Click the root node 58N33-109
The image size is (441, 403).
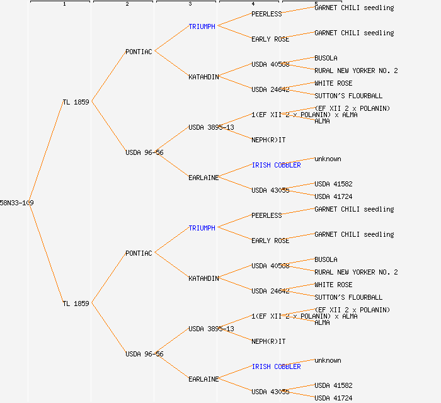click(x=16, y=203)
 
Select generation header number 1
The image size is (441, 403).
click(x=64, y=4)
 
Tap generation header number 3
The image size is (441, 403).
click(x=190, y=4)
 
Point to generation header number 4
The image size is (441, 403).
click(x=253, y=4)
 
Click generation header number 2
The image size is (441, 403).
click(x=127, y=4)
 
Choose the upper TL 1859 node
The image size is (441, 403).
click(x=76, y=102)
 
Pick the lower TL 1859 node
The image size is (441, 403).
click(x=76, y=304)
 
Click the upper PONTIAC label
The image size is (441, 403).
click(x=139, y=52)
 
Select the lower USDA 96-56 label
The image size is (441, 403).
click(x=144, y=354)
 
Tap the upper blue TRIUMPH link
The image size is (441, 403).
click(x=202, y=26)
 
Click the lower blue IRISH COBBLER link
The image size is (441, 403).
click(x=276, y=366)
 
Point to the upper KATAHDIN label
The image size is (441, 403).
click(x=203, y=77)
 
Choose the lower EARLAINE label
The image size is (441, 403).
click(x=203, y=379)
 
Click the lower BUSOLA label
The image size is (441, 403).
click(x=326, y=259)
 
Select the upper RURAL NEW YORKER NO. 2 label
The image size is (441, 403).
click(x=356, y=71)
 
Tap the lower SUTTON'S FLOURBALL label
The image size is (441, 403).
click(x=348, y=297)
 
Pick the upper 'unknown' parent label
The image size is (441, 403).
click(x=328, y=159)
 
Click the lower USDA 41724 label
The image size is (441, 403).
click(x=333, y=398)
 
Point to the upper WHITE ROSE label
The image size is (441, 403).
click(x=333, y=83)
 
